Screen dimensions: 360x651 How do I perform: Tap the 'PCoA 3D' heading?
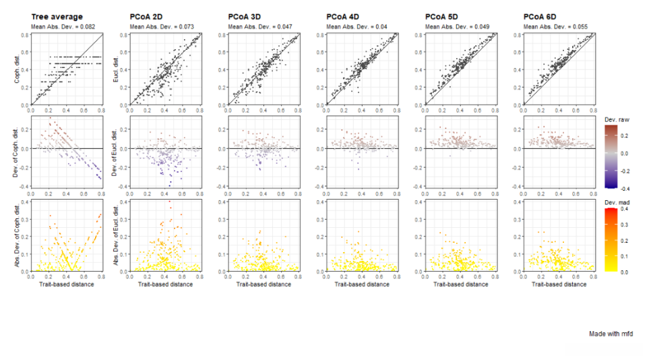click(246, 16)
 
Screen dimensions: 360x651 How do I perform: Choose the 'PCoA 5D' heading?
click(443, 16)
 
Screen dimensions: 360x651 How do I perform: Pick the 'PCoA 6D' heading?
click(541, 16)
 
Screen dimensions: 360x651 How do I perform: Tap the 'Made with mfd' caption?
click(611, 334)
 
